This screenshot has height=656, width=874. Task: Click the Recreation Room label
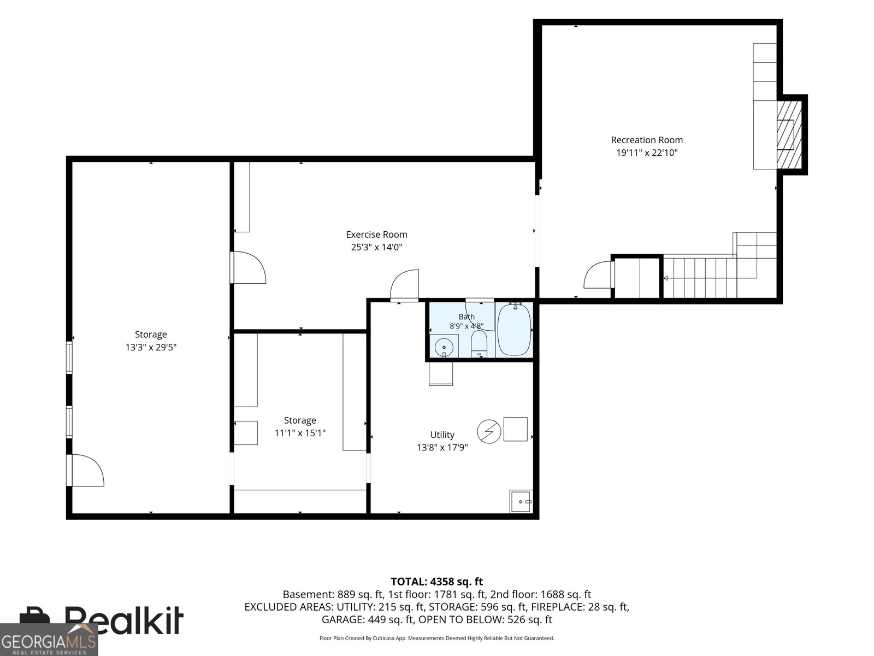pos(647,140)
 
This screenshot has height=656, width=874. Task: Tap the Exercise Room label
pos(376,235)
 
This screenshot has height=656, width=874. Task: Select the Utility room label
pos(442,435)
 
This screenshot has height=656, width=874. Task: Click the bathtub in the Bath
pos(515,330)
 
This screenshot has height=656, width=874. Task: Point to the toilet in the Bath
pos(479,344)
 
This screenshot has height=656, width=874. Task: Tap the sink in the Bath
pos(444,347)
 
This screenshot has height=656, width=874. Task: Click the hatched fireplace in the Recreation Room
pos(789,134)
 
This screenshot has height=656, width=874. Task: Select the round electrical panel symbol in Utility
pos(489,431)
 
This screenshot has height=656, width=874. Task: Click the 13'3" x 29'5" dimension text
pos(151,347)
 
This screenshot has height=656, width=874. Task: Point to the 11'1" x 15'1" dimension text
pos(300,433)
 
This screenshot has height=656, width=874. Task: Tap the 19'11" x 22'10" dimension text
pos(647,153)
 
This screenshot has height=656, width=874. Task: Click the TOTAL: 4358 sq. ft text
pos(437,582)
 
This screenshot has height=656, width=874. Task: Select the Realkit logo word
pos(123,620)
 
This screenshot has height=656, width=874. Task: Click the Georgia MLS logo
pos(49,640)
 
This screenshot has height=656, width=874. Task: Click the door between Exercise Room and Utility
pos(405,284)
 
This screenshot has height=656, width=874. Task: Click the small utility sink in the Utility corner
pos(521,501)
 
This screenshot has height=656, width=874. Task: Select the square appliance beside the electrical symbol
pos(515,429)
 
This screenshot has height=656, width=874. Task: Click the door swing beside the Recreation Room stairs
pos(597,274)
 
